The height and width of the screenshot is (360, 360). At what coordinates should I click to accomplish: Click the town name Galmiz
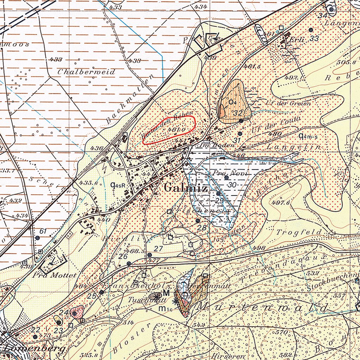185,188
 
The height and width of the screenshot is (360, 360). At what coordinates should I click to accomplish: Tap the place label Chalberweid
86,72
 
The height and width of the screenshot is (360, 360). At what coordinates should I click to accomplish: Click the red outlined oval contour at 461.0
169,130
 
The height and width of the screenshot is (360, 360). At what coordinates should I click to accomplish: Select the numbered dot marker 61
37,238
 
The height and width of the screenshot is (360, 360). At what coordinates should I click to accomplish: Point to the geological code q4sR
118,185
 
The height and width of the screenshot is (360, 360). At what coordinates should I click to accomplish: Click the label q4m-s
308,136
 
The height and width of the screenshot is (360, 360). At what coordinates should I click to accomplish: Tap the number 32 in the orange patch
238,113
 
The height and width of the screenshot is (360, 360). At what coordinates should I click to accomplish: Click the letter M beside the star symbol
166,293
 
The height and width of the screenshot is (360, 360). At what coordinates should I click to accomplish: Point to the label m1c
164,309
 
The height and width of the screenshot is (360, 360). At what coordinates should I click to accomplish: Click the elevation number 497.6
280,203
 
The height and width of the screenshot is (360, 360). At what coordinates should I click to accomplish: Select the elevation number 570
282,332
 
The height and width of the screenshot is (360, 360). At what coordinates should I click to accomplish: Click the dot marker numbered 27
150,255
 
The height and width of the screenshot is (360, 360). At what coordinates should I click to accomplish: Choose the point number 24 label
64,313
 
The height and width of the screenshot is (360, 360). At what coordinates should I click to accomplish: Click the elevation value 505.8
353,62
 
